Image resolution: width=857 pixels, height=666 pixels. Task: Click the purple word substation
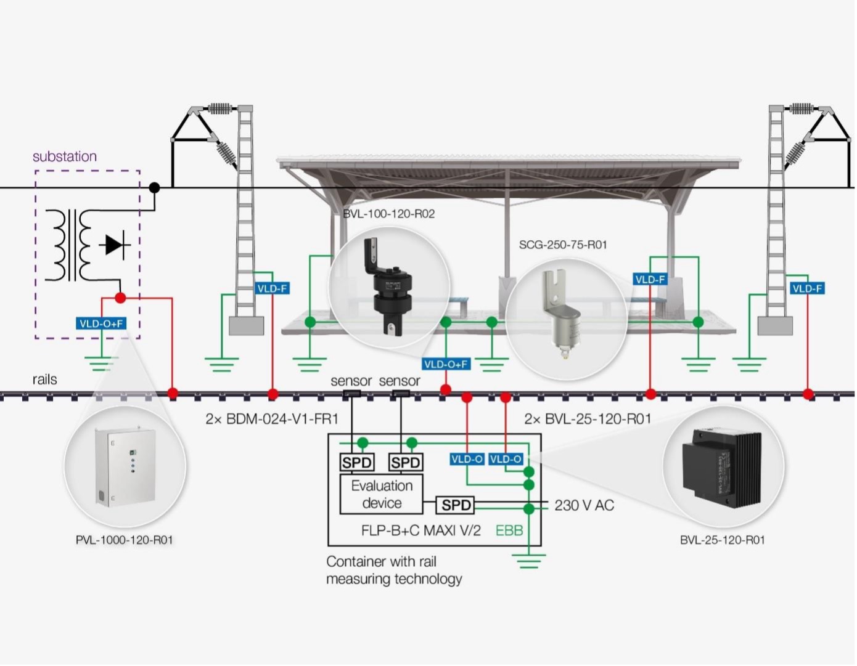(x=65, y=156)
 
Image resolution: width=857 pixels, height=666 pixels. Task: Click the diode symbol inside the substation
(x=115, y=245)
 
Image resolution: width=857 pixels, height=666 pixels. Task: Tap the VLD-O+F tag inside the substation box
(x=101, y=323)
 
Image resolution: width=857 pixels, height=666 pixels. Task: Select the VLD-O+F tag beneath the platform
(x=446, y=364)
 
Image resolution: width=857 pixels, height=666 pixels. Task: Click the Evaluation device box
(x=382, y=493)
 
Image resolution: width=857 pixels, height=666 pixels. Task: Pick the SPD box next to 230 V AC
(x=456, y=505)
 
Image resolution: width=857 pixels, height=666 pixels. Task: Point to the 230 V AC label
(x=584, y=505)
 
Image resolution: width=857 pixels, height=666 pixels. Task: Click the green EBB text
(x=509, y=530)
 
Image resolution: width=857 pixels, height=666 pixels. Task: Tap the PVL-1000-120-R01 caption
(x=124, y=540)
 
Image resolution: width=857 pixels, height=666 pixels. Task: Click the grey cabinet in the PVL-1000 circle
(x=125, y=468)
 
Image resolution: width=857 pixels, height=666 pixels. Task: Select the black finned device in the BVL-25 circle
(x=722, y=469)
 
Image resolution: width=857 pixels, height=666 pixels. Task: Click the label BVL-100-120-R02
(x=388, y=214)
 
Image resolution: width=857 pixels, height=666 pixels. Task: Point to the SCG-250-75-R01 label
(x=563, y=245)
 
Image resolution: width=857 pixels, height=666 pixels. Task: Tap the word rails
(x=44, y=380)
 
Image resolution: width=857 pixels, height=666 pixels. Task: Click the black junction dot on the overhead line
(x=155, y=187)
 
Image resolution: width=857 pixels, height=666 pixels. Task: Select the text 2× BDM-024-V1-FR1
(x=272, y=419)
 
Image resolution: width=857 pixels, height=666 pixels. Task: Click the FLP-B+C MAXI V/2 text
(x=421, y=530)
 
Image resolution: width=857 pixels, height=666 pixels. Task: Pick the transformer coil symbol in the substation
(x=68, y=245)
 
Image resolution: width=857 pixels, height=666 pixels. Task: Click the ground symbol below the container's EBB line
(x=528, y=561)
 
